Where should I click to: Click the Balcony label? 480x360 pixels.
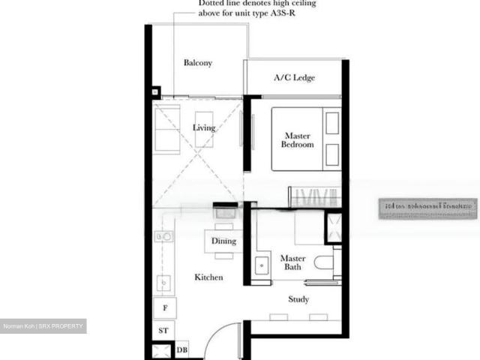click(198, 63)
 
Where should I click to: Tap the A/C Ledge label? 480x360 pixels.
click(294, 77)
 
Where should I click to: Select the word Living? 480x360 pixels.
click(204, 127)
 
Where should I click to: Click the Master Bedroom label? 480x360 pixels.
click(297, 140)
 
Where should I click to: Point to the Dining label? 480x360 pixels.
click(223, 241)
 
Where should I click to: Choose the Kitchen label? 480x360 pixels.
click(208, 277)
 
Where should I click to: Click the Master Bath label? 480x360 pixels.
click(292, 262)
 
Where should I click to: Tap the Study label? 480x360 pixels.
click(298, 299)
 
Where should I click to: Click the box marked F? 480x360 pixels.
click(164, 307)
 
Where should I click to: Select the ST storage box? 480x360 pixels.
click(163, 330)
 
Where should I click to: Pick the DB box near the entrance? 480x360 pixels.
click(182, 349)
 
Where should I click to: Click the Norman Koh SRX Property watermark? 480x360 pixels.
click(43, 326)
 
